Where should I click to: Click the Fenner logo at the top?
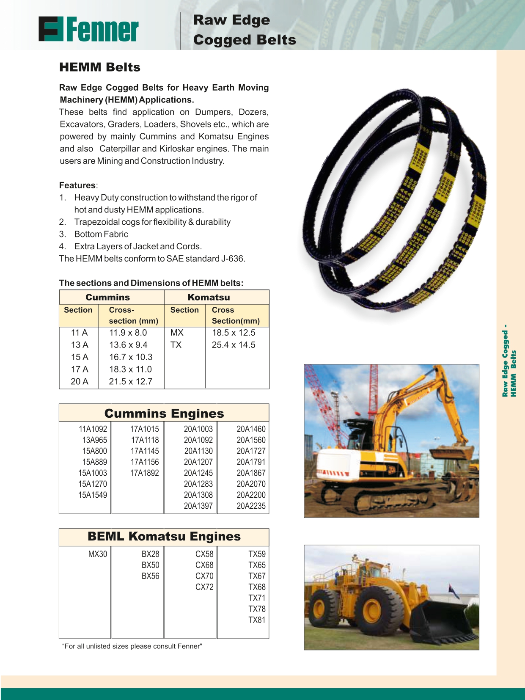(88, 29)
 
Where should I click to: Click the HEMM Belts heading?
(100, 67)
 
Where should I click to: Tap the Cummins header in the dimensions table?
(107, 297)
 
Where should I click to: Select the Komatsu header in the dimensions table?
(209, 297)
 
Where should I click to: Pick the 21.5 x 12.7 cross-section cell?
(130, 381)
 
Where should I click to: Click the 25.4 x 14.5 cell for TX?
(234, 345)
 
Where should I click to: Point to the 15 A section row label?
(80, 357)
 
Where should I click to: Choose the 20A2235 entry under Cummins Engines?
(251, 506)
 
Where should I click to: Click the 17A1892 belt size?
(144, 473)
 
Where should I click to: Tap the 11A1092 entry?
(93, 429)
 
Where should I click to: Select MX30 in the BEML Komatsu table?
(97, 554)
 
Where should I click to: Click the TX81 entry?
(257, 620)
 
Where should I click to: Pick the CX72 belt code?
(204, 587)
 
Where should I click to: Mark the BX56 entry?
(150, 576)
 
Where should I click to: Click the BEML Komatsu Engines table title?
(164, 537)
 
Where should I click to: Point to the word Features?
(77, 185)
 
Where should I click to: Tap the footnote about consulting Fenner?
(132, 646)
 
